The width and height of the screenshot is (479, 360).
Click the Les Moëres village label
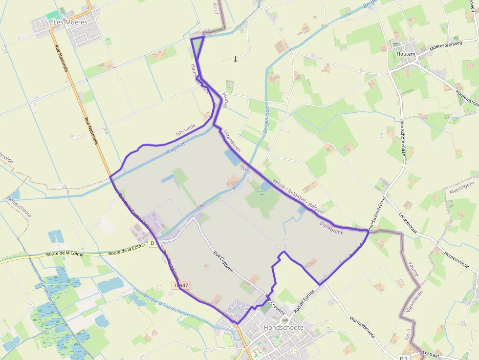click(70, 22)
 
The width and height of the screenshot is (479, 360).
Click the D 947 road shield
click(181, 285)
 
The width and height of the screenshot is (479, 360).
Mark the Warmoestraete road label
click(363, 328)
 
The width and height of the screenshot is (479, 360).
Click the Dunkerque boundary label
click(331, 228)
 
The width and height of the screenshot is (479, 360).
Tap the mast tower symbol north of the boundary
click(236, 59)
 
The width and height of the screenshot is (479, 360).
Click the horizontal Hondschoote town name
click(283, 327)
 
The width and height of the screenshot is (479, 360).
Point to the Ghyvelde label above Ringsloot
click(185, 129)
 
